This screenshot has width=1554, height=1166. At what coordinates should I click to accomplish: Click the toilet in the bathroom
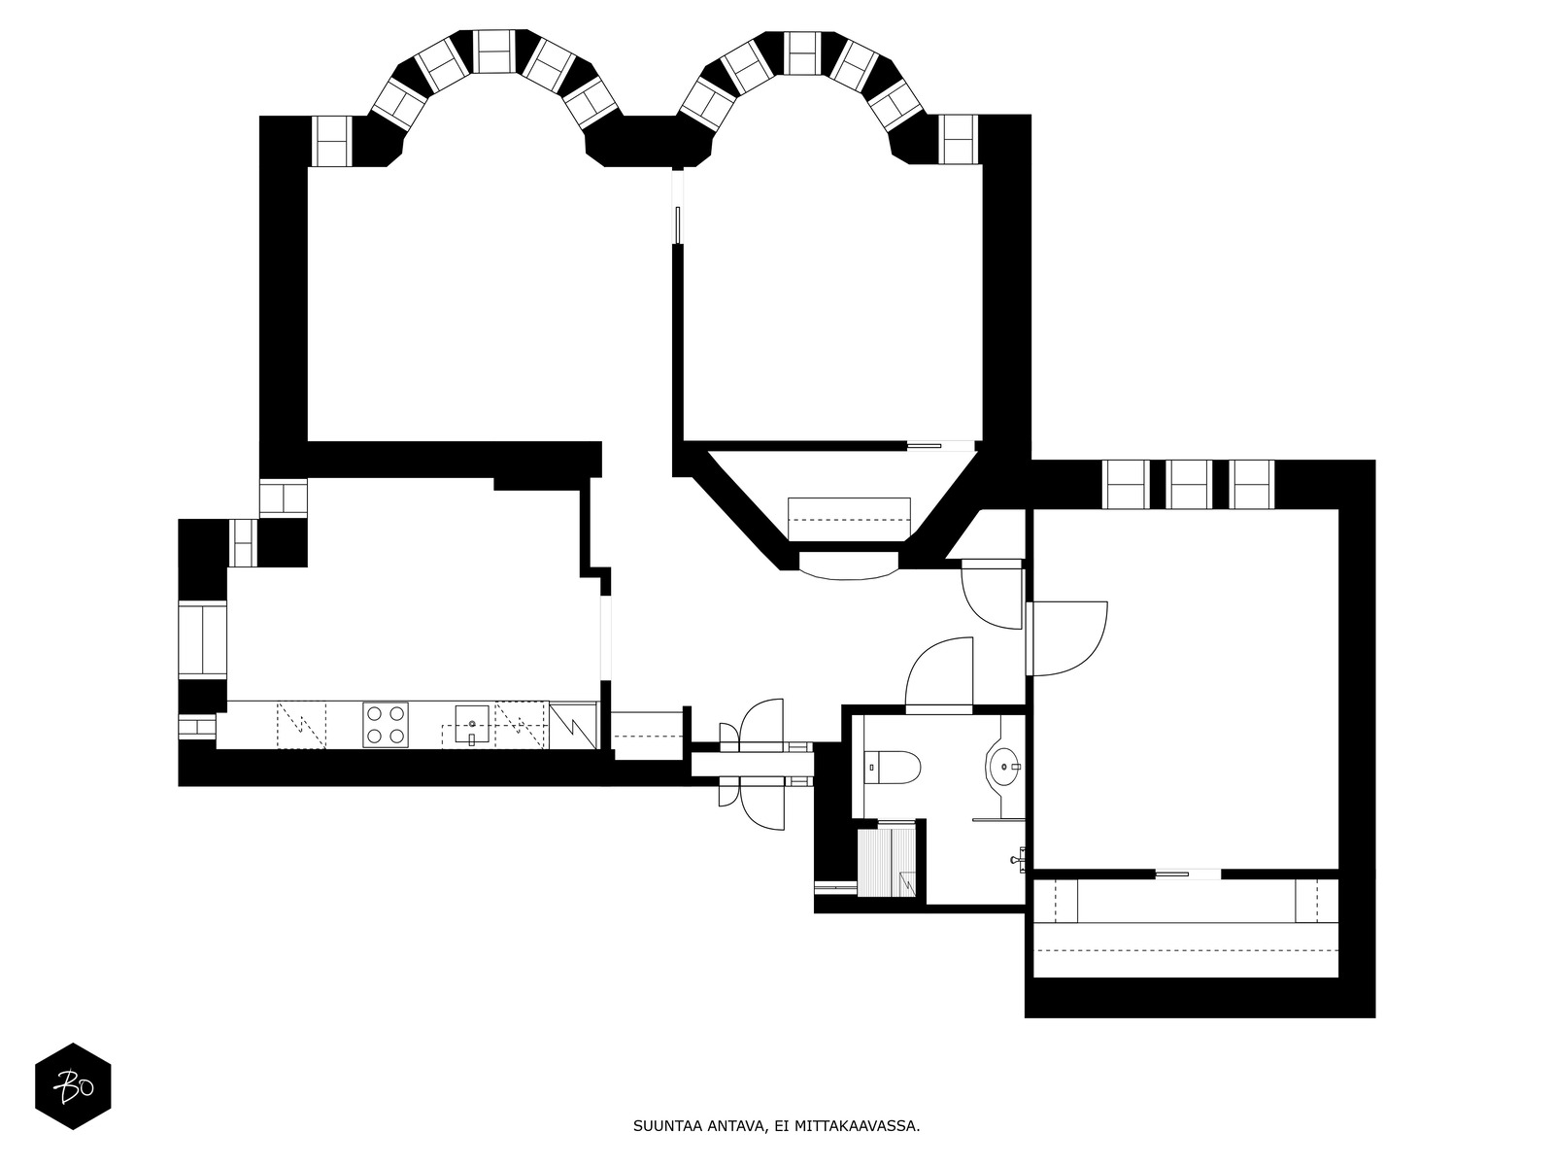tap(892, 768)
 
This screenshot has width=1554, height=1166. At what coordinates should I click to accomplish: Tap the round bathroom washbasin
tap(1004, 766)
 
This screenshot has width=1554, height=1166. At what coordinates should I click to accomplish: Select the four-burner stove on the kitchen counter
tap(386, 724)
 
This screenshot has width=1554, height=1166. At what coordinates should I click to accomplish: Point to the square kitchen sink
tap(471, 724)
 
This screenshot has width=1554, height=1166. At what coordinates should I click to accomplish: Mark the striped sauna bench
tap(886, 862)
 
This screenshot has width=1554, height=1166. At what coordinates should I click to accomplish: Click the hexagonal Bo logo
tap(73, 1086)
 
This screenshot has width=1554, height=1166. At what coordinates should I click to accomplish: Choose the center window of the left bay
tap(493, 51)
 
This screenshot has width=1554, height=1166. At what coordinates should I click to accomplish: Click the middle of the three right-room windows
tap(1189, 484)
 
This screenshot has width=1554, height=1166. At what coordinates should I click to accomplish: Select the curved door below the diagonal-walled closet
tap(849, 566)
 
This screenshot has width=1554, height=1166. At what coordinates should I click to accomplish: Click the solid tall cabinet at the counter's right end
tap(573, 725)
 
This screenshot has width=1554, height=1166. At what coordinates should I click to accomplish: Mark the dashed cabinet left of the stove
tap(301, 725)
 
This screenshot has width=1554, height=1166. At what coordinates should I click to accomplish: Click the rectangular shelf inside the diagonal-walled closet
tap(849, 520)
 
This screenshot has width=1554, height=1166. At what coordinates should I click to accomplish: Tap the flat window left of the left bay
tap(331, 141)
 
